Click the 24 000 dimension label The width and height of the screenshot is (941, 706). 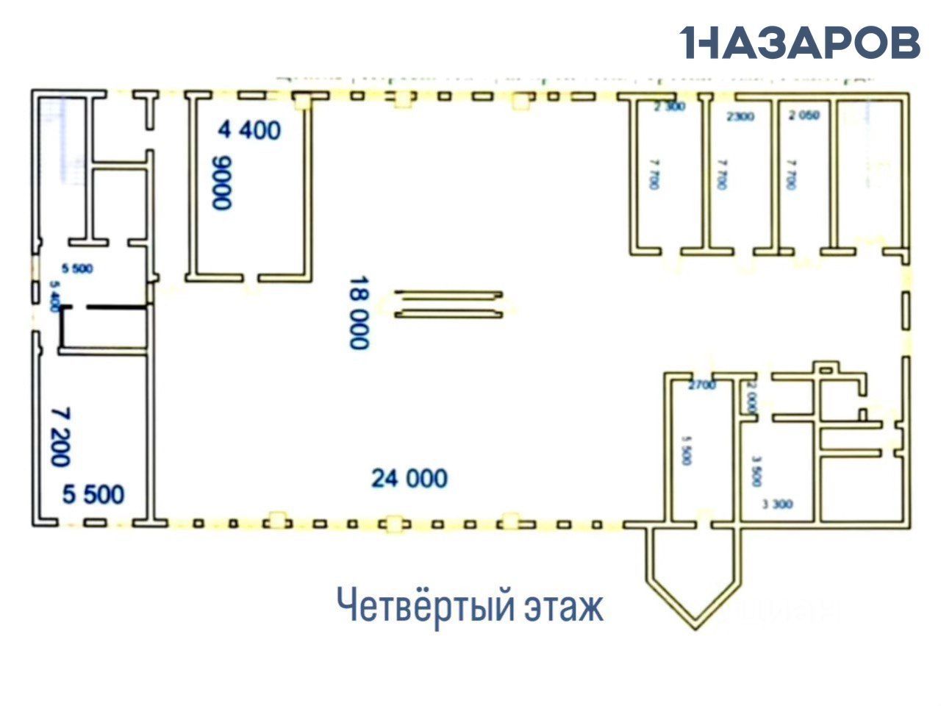(x=409, y=479)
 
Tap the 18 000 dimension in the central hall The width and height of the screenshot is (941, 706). (x=358, y=313)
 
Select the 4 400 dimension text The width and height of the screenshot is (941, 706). (x=249, y=130)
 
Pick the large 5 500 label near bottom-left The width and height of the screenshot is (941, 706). (x=93, y=494)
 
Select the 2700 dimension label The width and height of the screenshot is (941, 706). (x=702, y=385)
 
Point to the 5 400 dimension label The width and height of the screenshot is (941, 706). (x=53, y=296)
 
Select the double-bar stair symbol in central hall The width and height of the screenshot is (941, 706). (x=449, y=304)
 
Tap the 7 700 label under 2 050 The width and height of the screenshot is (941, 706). (x=791, y=174)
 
